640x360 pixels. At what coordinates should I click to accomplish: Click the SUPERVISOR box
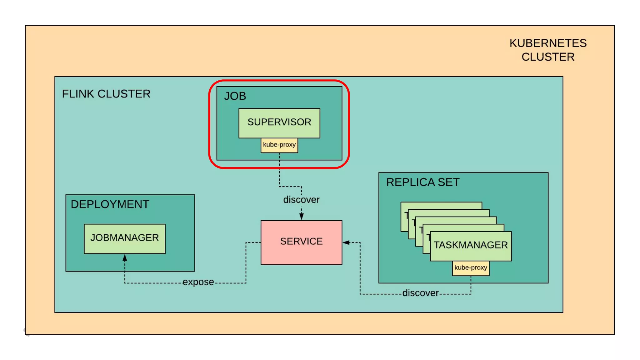[x=279, y=123]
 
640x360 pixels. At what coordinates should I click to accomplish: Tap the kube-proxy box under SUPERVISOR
[x=279, y=145]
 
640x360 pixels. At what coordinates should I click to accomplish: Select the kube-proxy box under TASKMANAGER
[x=471, y=268]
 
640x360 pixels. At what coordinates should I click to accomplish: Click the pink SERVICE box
[x=302, y=242]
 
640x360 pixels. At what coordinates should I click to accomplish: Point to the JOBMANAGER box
[x=125, y=239]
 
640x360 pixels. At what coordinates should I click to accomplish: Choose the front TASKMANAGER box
[x=471, y=246]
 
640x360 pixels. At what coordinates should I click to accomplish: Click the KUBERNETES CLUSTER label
[x=548, y=50]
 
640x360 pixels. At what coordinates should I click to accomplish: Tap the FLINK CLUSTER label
[x=106, y=94]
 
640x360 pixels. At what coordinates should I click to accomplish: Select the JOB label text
[x=235, y=96]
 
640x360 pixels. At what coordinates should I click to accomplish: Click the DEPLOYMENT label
[x=110, y=204]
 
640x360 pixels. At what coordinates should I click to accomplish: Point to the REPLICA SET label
[x=423, y=182]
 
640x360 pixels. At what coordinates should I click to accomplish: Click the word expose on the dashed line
[x=198, y=282]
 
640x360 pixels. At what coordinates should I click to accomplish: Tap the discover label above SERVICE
[x=301, y=199]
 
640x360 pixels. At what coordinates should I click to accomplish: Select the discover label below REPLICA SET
[x=421, y=293]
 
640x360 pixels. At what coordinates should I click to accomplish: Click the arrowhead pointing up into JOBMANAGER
[x=125, y=258]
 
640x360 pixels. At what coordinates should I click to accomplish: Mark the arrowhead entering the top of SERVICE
[x=302, y=216]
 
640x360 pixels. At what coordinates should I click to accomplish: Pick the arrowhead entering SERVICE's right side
[x=346, y=242]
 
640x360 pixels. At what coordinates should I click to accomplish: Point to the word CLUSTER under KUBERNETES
[x=548, y=57]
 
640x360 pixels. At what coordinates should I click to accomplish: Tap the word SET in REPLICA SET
[x=448, y=182]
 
